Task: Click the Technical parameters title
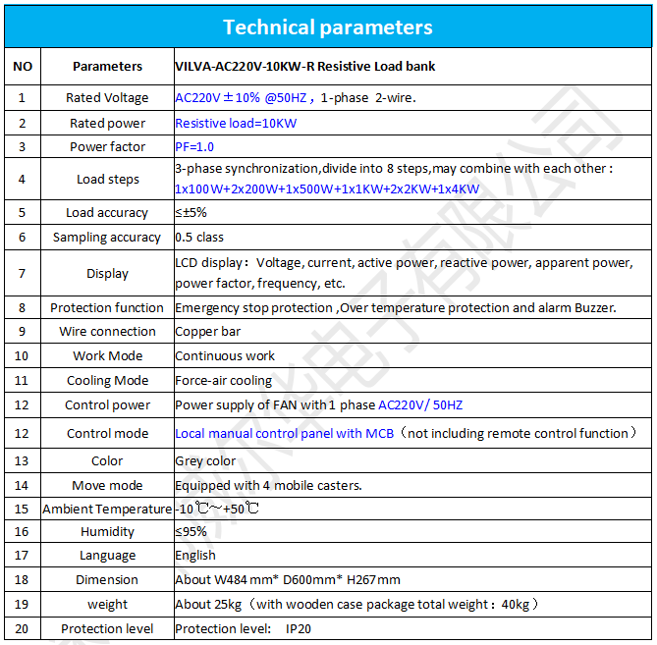pos(327,27)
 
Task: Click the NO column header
pos(23,67)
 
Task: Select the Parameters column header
pos(107,67)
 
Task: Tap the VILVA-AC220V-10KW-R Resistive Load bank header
pos(304,67)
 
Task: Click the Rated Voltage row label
pos(107,98)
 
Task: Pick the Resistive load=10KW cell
pos(236,124)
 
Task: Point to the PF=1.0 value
pos(194,147)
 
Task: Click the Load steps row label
pos(107,180)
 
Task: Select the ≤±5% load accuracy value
pos(191,213)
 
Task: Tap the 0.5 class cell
pos(199,238)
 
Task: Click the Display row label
pos(107,274)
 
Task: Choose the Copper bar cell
pos(208,332)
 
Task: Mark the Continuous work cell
pos(225,356)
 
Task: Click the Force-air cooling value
pos(224,381)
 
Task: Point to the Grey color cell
pos(205,461)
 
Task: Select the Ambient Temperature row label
pos(107,510)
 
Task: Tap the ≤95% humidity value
pos(191,532)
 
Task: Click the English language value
pos(195,556)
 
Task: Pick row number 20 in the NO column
pos(23,629)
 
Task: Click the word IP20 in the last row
pos(299,629)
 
